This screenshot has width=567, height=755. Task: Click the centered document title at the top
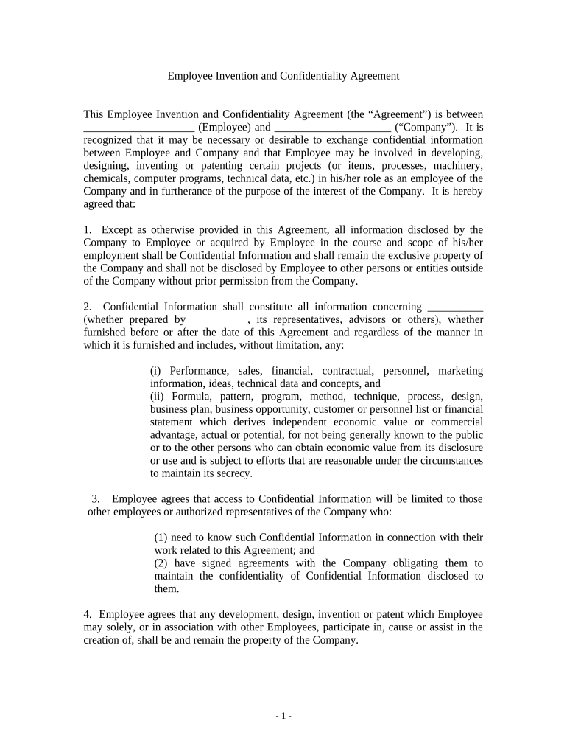(283, 75)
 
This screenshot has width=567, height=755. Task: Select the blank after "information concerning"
(455, 307)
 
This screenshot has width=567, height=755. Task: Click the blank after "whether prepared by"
(219, 320)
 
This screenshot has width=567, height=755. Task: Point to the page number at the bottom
(283, 716)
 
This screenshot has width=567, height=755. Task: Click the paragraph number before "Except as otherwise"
(88, 229)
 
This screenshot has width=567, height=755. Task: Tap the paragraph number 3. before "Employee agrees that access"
(96, 499)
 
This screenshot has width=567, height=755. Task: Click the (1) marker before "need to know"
(161, 537)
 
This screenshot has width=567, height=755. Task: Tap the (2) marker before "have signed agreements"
(161, 563)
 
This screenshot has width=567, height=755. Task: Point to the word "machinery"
(457, 166)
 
